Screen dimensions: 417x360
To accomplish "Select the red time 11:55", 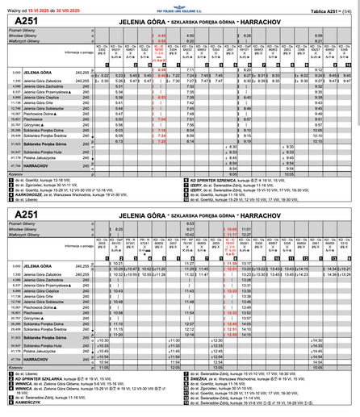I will point(230,264).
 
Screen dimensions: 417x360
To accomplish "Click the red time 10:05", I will point(230,229).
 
